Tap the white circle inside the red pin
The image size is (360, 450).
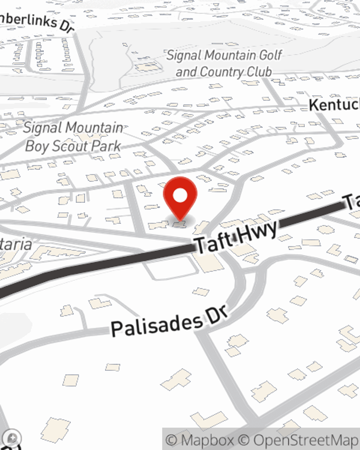click(x=180, y=196)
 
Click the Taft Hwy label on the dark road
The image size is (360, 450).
click(x=236, y=236)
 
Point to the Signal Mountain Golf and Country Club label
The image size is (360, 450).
click(x=224, y=64)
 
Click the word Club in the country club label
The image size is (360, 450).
click(x=259, y=72)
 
